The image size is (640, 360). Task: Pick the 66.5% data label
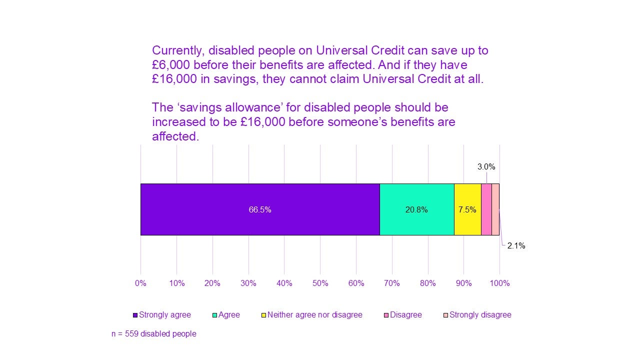pos(260,210)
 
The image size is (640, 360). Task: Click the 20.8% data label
pos(416,210)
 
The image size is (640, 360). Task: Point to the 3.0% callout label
pos(486,167)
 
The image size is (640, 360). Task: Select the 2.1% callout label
pos(516,246)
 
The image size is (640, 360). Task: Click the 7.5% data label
pos(467,210)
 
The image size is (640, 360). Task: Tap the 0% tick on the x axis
pos(140,283)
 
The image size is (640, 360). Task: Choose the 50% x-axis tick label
pos(320,283)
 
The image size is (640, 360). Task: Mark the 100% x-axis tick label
pos(499,283)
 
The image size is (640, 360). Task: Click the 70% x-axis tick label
pos(392,283)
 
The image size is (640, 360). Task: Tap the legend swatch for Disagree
pos(386,315)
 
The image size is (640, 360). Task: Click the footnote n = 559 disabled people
pos(153,333)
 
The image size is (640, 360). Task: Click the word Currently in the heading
pos(177,50)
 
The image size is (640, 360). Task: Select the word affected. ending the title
pos(175,136)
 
